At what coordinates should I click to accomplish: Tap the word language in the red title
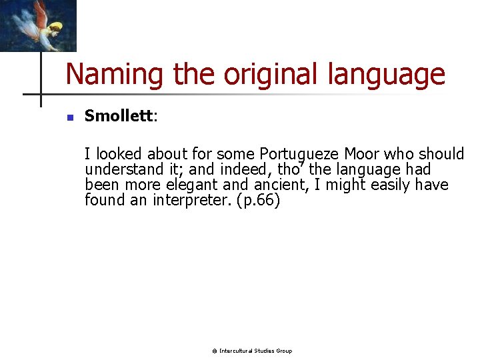386,75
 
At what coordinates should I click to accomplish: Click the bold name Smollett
119,116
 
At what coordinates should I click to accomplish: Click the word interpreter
191,201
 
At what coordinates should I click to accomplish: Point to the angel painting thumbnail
38,25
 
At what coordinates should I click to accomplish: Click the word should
442,154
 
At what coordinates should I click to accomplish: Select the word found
105,201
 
